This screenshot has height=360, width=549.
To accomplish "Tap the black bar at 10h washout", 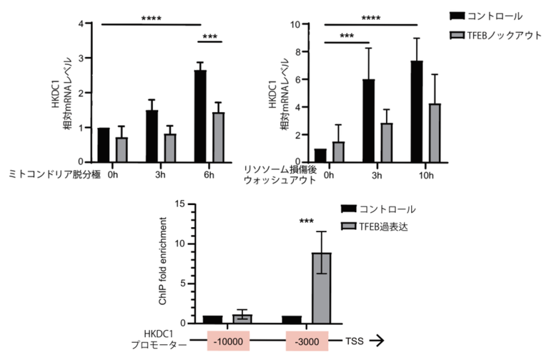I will pyautogui.click(x=417, y=110).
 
